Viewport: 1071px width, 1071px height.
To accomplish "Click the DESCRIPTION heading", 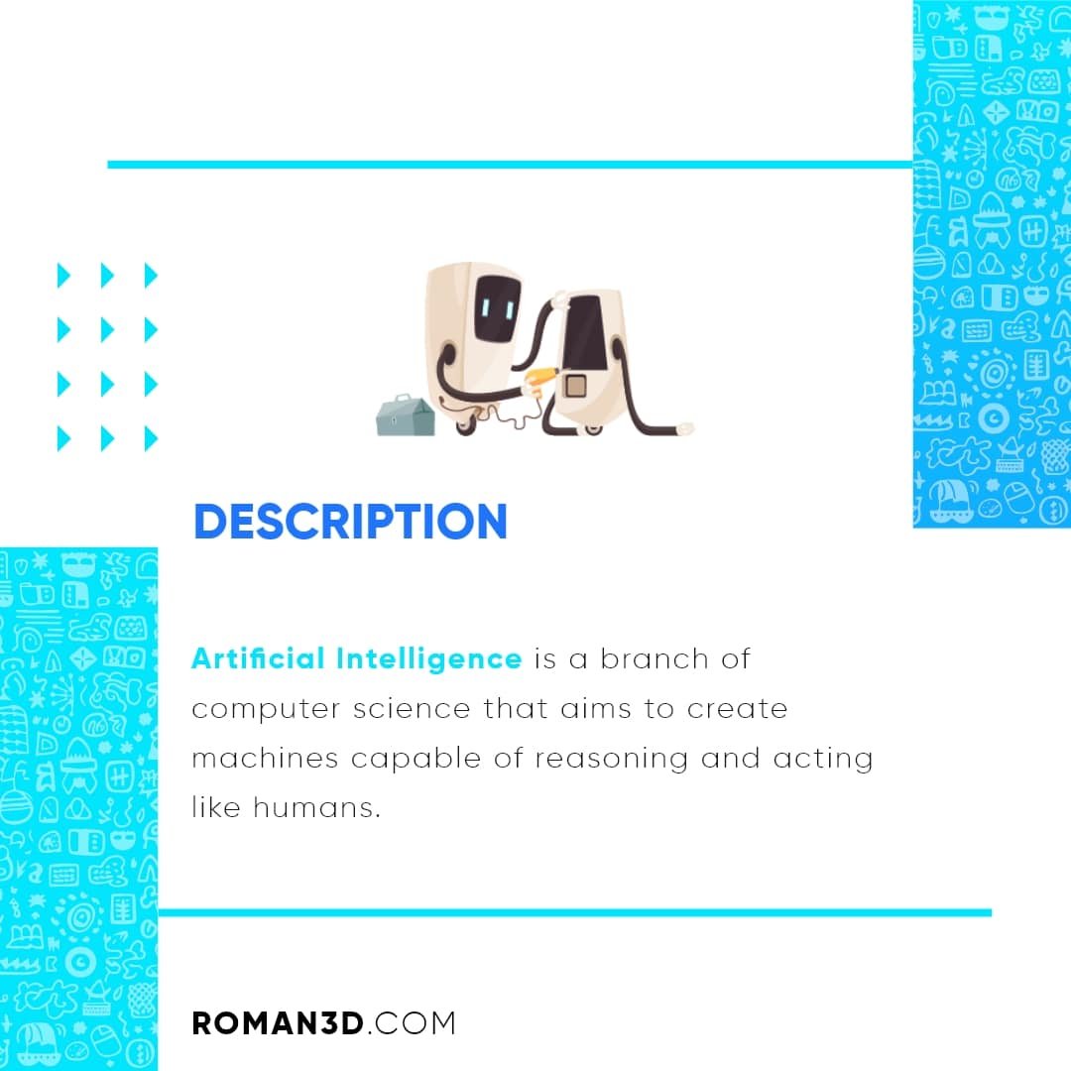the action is click(350, 522).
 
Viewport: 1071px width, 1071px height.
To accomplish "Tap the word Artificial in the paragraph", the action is click(258, 658).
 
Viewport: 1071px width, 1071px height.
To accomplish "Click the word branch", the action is click(654, 658).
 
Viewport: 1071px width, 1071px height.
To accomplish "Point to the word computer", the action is click(266, 710).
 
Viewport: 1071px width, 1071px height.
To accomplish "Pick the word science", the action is click(412, 708).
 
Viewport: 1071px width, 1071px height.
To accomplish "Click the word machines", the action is click(265, 758).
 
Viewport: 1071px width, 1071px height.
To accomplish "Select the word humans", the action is click(317, 807).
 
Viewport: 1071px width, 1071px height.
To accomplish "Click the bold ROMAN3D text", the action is click(278, 1023).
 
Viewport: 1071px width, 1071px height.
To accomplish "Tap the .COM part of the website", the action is click(412, 1023).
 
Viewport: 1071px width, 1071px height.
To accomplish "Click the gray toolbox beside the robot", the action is click(405, 415).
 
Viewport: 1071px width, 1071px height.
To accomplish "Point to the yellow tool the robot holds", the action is click(539, 379).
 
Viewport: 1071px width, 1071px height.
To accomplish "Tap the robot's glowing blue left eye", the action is click(486, 308).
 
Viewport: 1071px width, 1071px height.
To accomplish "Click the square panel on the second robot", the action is click(576, 386).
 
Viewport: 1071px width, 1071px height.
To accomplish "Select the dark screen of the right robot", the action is click(583, 332).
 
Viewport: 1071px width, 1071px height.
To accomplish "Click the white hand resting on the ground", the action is click(684, 429).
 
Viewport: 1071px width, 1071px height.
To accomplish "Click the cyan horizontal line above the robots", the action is click(511, 165).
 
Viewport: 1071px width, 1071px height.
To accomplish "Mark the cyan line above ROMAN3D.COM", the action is click(575, 912).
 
